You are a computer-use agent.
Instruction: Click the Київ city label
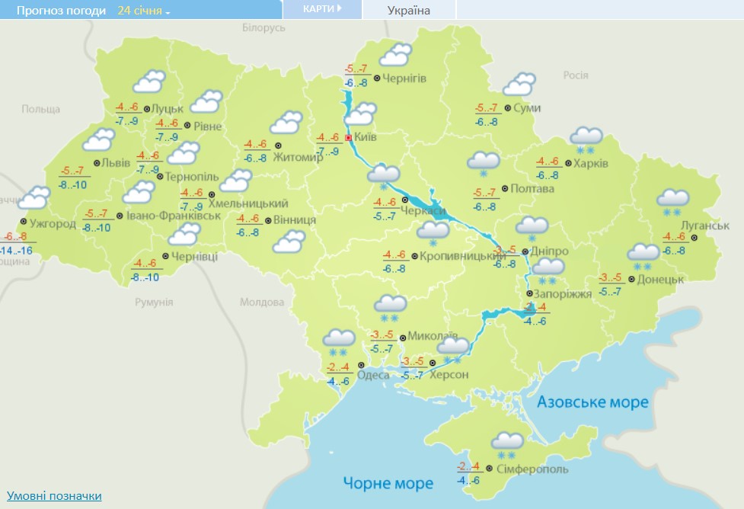(367, 138)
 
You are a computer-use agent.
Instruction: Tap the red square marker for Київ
(349, 138)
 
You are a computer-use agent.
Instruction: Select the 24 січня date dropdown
(144, 11)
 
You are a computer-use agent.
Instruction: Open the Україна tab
(409, 11)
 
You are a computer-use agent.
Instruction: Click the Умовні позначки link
(54, 496)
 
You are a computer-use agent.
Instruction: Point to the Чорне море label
(388, 483)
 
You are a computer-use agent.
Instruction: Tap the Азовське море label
(592, 402)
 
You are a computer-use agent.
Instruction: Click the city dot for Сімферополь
(489, 469)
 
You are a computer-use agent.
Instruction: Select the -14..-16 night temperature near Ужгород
(16, 250)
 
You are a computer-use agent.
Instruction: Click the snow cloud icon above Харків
(586, 138)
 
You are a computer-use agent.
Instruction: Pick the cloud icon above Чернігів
(396, 55)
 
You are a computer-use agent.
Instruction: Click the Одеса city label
(373, 374)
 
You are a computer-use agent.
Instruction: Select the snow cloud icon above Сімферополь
(507, 443)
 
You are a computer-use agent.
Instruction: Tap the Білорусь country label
(263, 27)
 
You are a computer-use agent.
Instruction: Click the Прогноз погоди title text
(62, 11)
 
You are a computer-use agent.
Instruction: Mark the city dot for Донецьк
(631, 279)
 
